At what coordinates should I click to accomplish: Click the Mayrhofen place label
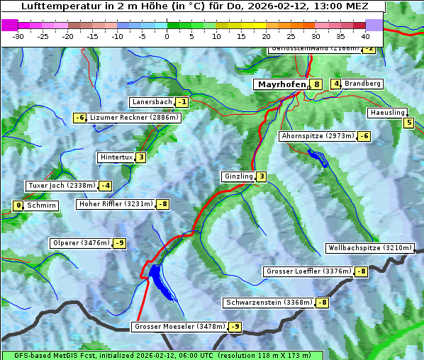coord(281,84)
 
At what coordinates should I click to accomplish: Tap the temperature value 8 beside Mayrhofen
coord(316,84)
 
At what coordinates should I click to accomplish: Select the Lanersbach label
coord(152,102)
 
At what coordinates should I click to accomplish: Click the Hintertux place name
coord(116,157)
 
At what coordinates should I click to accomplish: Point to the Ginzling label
coord(238,176)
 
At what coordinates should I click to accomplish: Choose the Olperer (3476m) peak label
coord(81,243)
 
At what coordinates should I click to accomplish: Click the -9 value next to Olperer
coord(119,243)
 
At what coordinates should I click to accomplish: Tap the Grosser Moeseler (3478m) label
coord(179,327)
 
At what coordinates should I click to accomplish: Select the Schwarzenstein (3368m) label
coord(268,303)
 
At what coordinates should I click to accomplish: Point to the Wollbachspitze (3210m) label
coord(369,248)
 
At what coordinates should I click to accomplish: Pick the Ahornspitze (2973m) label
coord(318,135)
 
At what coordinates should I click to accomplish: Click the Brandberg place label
coord(363,84)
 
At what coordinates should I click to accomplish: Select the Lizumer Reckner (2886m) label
coord(134,118)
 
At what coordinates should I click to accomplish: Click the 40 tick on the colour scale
coord(365,35)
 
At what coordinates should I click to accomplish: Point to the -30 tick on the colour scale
coord(18,35)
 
